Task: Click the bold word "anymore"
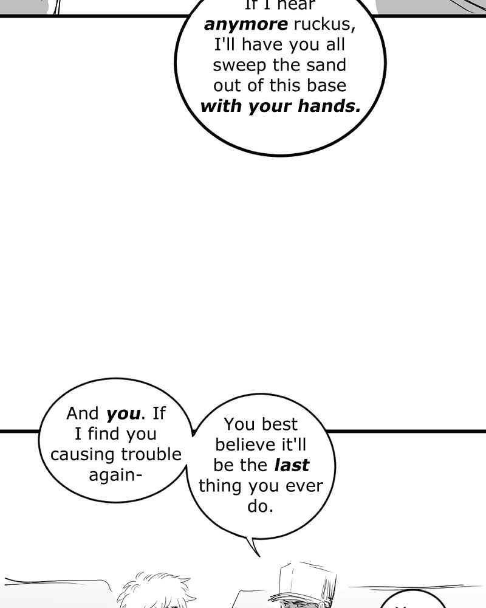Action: [245, 25]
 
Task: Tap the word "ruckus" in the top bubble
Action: [323, 25]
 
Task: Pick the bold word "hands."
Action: [329, 106]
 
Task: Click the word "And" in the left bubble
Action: [82, 413]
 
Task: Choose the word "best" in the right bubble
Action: [279, 424]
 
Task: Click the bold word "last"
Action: [292, 465]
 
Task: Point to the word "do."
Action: [261, 506]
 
